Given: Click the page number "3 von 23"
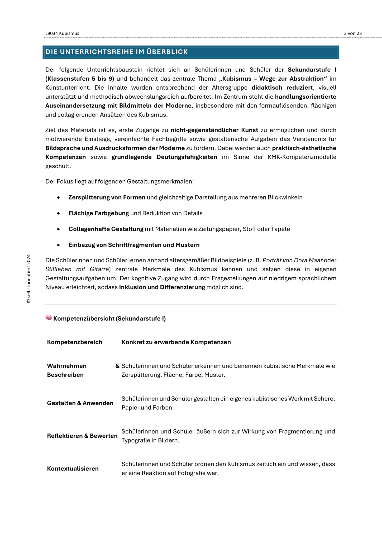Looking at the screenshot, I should pos(353,33).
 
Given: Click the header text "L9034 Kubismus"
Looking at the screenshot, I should pos(62,33).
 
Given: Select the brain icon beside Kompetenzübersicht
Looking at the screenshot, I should pos(49,318).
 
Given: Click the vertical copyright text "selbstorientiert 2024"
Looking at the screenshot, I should pos(28,279).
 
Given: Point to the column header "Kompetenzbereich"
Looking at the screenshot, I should pos(75,342).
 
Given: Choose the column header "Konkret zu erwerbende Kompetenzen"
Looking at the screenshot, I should pos(176,342).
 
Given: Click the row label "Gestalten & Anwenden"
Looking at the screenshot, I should pos(80,403).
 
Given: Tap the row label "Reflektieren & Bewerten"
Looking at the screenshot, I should pos(82,436).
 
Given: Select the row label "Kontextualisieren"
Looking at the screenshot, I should pos(73,469).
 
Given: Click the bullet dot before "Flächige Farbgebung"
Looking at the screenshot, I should pos(58,213).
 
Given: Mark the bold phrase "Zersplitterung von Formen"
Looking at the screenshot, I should pos(107,197).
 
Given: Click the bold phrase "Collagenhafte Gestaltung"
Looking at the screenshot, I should pos(106,229).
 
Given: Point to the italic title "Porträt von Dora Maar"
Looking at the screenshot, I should pos(293,260).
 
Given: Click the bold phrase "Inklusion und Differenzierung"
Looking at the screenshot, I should pos(162,287).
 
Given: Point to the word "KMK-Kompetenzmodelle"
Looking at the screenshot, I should pos(302,157).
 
